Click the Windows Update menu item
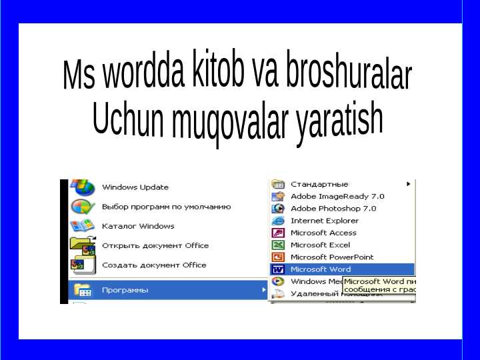tap(135, 187)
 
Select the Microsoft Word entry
tap(320, 269)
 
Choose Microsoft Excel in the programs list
tap(320, 245)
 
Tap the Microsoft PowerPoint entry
tap(331, 257)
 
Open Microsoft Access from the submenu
tap(323, 233)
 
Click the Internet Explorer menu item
tap(324, 221)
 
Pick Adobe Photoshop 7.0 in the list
tap(333, 209)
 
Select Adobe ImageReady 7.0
tap(337, 197)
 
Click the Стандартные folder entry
tap(319, 184)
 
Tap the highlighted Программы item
tap(125, 291)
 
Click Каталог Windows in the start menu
tap(138, 226)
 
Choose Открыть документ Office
tap(155, 245)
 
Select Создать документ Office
tap(154, 265)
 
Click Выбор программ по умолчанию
tap(166, 207)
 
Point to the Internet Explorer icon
tap(278, 221)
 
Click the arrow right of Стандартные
tap(408, 184)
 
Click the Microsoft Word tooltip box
tap(379, 286)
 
